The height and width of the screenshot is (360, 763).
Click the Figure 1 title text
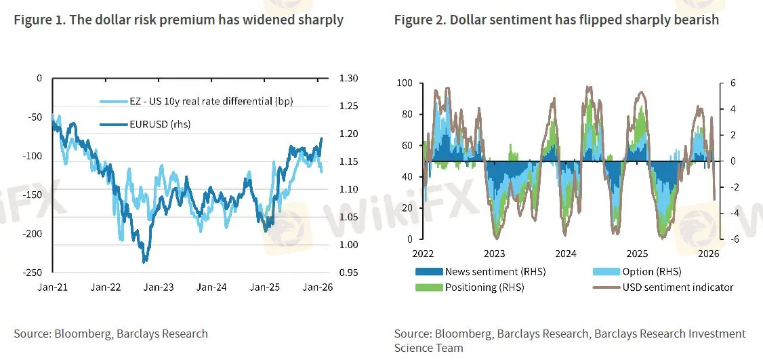tap(178, 20)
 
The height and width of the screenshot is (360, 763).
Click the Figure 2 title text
tap(556, 20)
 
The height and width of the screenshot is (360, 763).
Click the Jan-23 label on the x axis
tap(160, 287)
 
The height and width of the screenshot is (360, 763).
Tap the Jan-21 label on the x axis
tap(54, 287)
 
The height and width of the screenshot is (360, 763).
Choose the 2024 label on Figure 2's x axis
tap(566, 254)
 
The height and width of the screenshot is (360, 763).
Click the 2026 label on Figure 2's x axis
tap(708, 254)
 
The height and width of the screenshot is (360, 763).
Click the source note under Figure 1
tap(110, 334)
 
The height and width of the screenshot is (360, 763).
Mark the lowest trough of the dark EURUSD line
tap(144, 262)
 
